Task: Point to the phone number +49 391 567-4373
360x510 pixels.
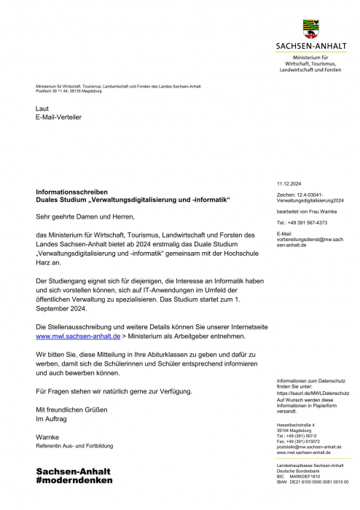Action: (302, 222)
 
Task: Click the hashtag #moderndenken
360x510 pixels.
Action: (74, 481)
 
